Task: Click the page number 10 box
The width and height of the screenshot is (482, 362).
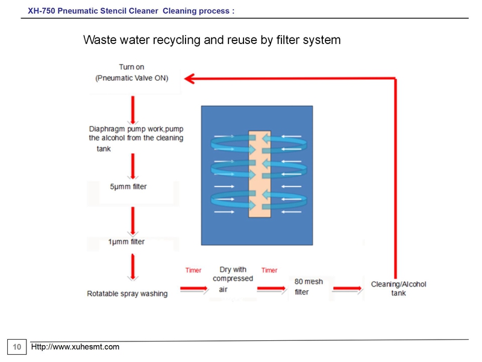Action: [x=17, y=347]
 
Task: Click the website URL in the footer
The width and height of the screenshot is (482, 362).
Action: [x=75, y=347]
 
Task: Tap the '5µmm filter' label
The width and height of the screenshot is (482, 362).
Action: [x=128, y=186]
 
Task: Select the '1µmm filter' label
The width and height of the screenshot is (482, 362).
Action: [x=127, y=242]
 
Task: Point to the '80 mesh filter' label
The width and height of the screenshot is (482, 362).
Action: [x=308, y=287]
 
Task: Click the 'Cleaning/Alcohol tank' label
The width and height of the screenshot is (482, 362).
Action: [x=398, y=288]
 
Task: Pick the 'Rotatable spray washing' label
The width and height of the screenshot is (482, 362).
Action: [x=127, y=294]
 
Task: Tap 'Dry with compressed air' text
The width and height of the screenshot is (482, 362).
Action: [x=233, y=279]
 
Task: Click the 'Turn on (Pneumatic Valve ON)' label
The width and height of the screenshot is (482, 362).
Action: [x=131, y=72]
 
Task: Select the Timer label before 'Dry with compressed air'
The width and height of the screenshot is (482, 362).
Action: [x=193, y=270]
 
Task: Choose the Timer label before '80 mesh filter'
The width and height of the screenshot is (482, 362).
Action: [x=269, y=270]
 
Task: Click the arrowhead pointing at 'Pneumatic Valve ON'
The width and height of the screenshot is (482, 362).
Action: [x=189, y=78]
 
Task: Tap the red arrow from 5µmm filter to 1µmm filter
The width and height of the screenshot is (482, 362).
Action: [x=133, y=221]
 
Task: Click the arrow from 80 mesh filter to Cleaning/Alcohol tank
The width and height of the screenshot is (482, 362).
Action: [x=348, y=288]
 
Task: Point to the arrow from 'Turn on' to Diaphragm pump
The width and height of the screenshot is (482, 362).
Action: [x=133, y=110]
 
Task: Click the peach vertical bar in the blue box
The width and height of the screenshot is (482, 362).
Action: [x=260, y=174]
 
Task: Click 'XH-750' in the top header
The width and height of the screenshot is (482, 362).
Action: [x=42, y=11]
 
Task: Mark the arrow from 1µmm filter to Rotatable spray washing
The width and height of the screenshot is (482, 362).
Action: [x=133, y=267]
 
